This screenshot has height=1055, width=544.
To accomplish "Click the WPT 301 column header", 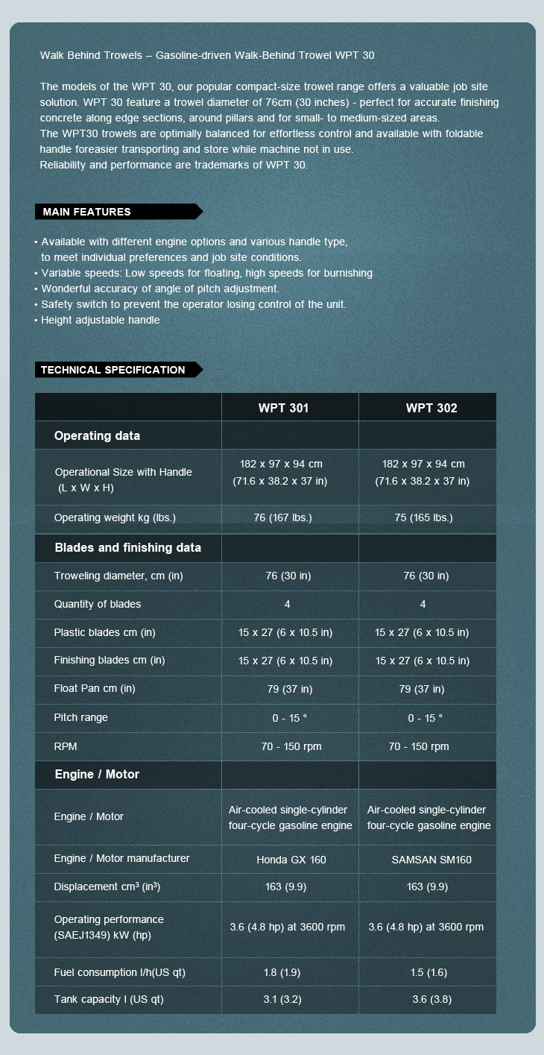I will [x=283, y=408].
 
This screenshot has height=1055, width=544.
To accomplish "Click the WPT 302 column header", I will [x=431, y=408].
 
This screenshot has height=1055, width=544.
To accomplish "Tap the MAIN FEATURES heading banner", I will [x=87, y=212].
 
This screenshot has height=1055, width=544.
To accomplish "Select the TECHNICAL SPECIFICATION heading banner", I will [x=113, y=370].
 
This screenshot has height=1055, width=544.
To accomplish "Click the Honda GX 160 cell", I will [x=291, y=860].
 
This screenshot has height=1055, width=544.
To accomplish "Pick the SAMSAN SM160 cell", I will [x=431, y=860].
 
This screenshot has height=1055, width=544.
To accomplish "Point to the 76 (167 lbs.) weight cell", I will [x=283, y=517].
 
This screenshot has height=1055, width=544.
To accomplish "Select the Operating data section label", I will [x=97, y=435].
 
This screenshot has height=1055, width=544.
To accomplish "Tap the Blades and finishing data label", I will [x=128, y=547].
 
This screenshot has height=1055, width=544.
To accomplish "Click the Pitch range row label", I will [x=80, y=717].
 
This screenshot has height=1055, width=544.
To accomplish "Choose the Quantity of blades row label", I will [x=97, y=604].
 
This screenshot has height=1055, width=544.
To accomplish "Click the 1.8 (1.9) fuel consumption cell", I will [x=282, y=972].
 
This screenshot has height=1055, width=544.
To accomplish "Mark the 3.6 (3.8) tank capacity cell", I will [x=431, y=999].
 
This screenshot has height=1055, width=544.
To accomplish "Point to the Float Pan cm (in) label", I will [x=95, y=688].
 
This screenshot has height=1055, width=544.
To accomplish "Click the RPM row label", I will [x=66, y=746].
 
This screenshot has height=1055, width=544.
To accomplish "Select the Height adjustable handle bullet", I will [x=100, y=320].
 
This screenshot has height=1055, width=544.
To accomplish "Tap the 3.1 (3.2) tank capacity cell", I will [x=282, y=999].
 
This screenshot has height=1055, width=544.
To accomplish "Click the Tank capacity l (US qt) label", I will [x=108, y=999].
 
